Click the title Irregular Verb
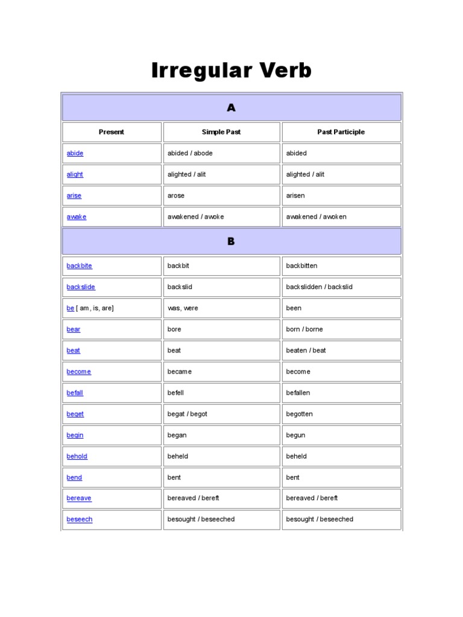click(x=231, y=71)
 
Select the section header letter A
click(x=231, y=108)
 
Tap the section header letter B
click(x=231, y=242)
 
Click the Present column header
click(x=112, y=132)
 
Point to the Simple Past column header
click(x=221, y=132)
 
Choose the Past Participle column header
click(x=341, y=132)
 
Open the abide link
click(x=75, y=154)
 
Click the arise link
click(x=74, y=196)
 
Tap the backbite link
click(x=80, y=266)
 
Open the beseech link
click(x=80, y=519)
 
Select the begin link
click(x=75, y=435)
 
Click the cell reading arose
click(x=176, y=196)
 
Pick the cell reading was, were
click(x=183, y=308)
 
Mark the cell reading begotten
click(x=299, y=414)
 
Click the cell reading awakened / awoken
click(x=316, y=217)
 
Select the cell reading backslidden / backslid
click(x=319, y=287)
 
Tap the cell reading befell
click(x=175, y=393)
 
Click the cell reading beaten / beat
click(x=306, y=351)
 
